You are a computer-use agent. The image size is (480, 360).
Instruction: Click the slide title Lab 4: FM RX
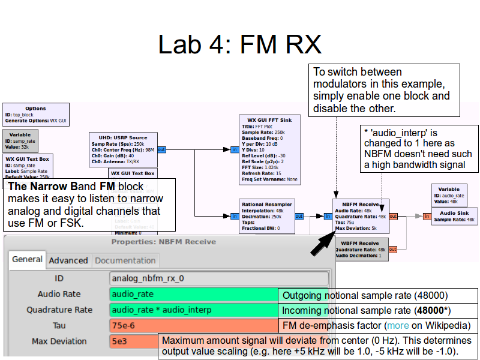pyautogui.click(x=239, y=44)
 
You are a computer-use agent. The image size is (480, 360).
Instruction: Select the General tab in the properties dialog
pyautogui.click(x=27, y=260)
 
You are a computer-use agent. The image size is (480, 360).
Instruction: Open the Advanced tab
pyautogui.click(x=68, y=260)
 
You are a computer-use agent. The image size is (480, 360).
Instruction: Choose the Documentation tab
pyautogui.click(x=126, y=260)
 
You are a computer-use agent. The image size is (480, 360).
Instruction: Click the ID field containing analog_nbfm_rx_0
pyautogui.click(x=220, y=278)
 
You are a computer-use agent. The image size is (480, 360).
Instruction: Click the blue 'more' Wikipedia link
pyautogui.click(x=398, y=326)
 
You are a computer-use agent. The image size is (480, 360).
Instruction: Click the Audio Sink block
pyautogui.click(x=455, y=216)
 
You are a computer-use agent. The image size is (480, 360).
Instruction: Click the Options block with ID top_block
pyautogui.click(x=36, y=114)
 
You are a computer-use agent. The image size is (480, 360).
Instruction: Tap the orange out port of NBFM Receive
pyautogui.click(x=393, y=216)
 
